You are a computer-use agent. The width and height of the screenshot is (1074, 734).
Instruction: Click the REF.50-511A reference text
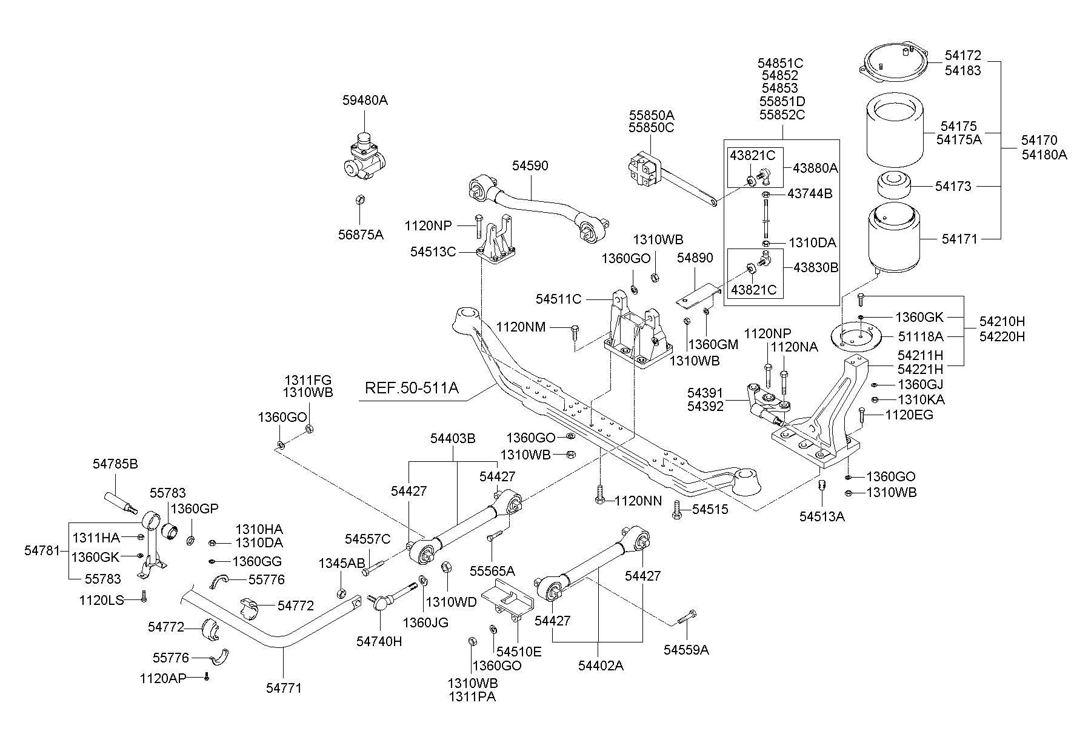click(x=412, y=388)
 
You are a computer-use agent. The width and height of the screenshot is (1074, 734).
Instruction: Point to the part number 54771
click(x=284, y=687)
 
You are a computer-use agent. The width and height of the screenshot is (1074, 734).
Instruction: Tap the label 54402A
click(x=601, y=666)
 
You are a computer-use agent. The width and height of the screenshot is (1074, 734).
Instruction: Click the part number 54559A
click(x=686, y=650)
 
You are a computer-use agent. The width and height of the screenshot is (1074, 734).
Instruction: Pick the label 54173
click(x=953, y=186)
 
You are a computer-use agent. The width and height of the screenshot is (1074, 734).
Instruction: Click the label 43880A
click(x=815, y=168)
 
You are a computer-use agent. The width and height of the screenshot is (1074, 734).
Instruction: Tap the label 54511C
click(x=558, y=299)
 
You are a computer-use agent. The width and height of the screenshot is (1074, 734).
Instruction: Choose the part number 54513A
click(x=821, y=516)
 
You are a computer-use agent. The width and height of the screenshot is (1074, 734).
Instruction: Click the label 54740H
click(x=379, y=641)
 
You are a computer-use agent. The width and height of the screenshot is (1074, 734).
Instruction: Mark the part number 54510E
click(x=519, y=651)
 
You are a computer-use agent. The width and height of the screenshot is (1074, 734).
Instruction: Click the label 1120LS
click(x=101, y=600)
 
